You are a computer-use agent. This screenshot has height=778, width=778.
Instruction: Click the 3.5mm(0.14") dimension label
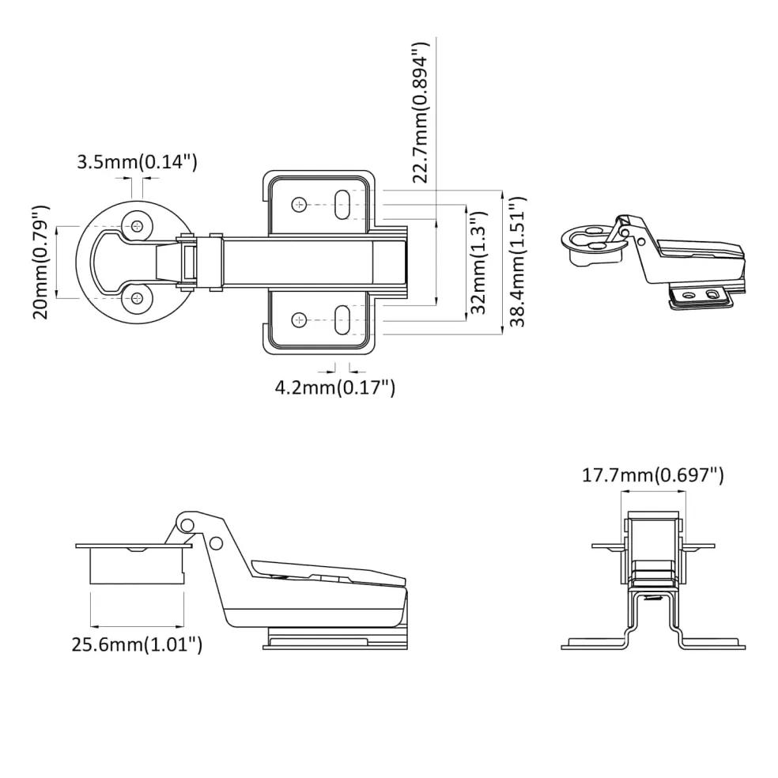(137, 162)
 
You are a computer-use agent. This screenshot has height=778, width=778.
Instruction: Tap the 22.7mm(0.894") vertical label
(420, 112)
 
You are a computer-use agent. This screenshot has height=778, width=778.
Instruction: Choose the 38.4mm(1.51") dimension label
(517, 262)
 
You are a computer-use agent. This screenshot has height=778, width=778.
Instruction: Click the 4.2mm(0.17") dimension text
(335, 387)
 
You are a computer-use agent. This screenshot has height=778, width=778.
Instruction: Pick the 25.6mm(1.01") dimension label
(137, 644)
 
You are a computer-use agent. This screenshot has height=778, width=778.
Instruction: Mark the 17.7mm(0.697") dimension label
(653, 475)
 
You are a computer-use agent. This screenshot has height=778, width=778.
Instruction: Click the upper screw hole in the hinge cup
(137, 227)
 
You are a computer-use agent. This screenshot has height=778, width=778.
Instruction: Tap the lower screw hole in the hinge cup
(137, 298)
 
